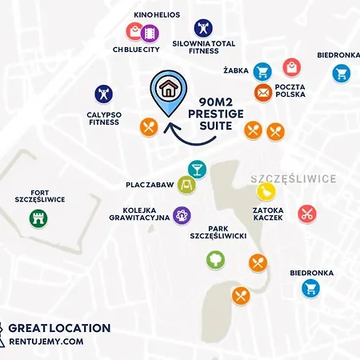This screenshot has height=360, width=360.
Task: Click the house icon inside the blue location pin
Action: coord(168,88)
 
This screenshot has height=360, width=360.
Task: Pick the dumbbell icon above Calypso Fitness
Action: coord(103,94)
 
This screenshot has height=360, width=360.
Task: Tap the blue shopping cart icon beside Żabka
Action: coord(262,71)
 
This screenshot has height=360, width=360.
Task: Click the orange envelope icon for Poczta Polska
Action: coord(262,92)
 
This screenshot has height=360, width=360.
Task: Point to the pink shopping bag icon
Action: coord(292,67)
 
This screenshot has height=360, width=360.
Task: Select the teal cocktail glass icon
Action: coord(197,167)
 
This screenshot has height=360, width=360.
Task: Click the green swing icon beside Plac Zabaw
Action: coord(186,185)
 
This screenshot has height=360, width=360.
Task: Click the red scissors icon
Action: coord(306,214)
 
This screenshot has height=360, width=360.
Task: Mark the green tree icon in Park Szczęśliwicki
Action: coord(214,259)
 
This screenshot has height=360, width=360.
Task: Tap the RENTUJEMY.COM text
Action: coord(46,342)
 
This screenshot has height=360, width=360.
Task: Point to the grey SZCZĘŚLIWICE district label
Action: coord(281,178)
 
